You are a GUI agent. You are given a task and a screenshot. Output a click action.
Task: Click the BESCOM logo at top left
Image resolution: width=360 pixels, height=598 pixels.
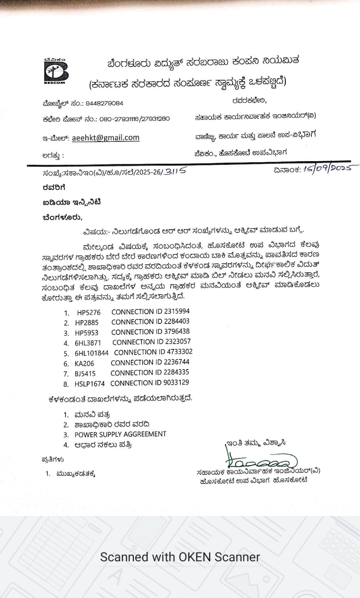[55, 71]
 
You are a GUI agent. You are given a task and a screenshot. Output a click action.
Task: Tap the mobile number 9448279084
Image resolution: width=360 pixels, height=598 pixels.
[104, 103]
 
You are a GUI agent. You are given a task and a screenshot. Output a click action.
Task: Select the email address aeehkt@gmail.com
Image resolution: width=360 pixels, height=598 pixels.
[106, 138]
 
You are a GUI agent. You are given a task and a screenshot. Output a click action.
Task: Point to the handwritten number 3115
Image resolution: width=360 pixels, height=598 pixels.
[175, 171]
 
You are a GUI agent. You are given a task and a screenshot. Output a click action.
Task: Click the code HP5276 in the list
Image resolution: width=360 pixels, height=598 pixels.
[89, 313]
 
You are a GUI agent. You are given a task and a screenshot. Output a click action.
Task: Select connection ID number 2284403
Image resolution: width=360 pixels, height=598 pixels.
[177, 321]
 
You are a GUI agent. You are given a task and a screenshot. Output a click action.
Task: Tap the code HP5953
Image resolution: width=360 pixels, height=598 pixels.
[86, 333]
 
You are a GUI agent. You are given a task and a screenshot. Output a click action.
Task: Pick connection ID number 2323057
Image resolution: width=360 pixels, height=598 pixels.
[178, 341]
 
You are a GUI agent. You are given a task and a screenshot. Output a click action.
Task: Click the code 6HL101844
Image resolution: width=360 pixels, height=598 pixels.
[91, 353]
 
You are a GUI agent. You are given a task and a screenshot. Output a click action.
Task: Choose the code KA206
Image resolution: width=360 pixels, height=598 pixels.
[84, 364]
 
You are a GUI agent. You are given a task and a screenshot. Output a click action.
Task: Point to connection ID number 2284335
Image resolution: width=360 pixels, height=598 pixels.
[176, 372]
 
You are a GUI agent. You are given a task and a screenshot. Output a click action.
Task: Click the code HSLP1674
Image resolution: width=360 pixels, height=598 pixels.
[89, 384]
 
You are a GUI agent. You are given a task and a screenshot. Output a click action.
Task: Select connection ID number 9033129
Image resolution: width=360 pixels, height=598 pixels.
[176, 382]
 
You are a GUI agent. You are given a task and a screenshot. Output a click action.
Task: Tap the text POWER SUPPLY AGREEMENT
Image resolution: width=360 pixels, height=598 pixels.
[120, 434]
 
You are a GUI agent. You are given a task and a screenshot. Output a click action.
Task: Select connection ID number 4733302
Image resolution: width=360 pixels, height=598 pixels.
[178, 352]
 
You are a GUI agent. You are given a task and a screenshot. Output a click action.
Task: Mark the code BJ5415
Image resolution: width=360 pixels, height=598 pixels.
[85, 374]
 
